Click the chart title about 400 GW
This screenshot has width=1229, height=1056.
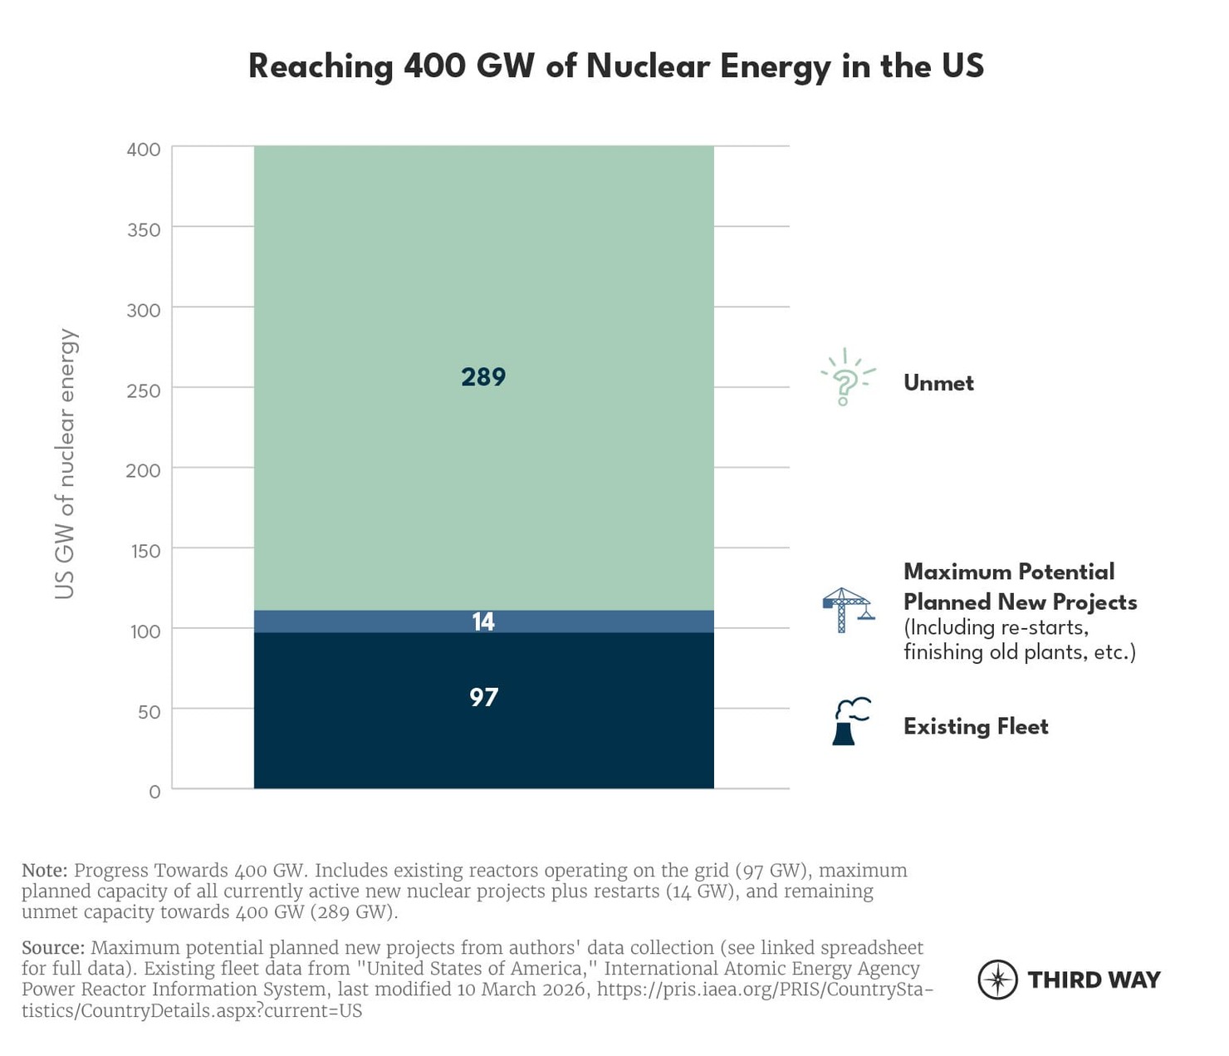coord(615,66)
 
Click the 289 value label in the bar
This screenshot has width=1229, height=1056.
coord(483,377)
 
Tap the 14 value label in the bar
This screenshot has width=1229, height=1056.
coord(483,621)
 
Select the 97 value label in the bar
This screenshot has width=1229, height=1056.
coord(483,696)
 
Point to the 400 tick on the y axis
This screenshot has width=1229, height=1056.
coord(144,150)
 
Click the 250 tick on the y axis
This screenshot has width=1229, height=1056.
coord(144,390)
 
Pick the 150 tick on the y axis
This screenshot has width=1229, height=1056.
coord(145,551)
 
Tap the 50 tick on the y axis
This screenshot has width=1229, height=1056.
coord(149,712)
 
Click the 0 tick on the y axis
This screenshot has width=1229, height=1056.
coord(154,793)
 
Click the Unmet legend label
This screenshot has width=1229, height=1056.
coord(938,383)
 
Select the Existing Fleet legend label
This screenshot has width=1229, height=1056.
coord(976,727)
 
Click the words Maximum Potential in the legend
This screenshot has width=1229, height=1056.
coord(1009,572)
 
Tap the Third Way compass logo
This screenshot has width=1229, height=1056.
coord(997,980)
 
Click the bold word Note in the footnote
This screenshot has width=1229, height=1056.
coord(44,871)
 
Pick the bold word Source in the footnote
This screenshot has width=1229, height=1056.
coord(53,948)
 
